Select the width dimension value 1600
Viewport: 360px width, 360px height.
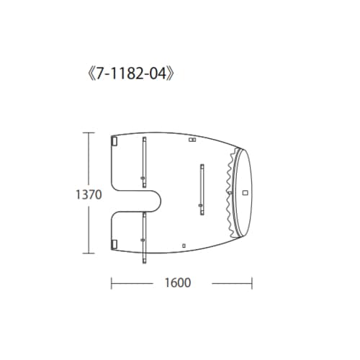(x=176, y=282)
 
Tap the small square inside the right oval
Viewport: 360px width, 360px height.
(x=244, y=192)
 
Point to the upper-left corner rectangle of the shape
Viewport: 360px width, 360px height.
(x=113, y=141)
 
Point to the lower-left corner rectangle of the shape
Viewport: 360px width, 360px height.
(x=113, y=245)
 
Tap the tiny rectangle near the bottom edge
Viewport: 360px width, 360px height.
(x=184, y=246)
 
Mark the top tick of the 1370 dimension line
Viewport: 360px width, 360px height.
(x=89, y=132)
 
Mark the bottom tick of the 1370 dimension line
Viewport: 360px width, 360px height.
(x=89, y=253)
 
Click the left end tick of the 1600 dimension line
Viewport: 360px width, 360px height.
(x=111, y=282)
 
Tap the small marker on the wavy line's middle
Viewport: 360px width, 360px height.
(x=229, y=193)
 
